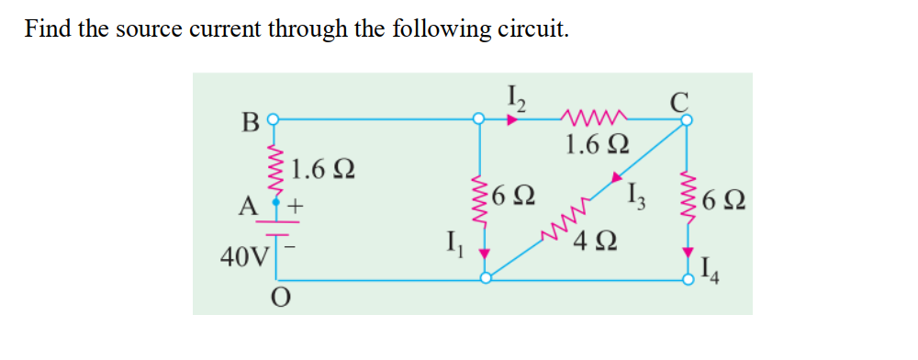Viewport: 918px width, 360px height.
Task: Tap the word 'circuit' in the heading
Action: point(532,28)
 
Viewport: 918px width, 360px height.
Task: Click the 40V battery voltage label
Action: point(241,255)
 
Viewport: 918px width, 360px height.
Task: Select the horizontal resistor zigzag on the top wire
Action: point(597,117)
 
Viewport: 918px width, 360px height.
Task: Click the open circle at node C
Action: point(686,118)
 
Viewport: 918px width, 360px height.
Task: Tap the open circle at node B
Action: point(272,118)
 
